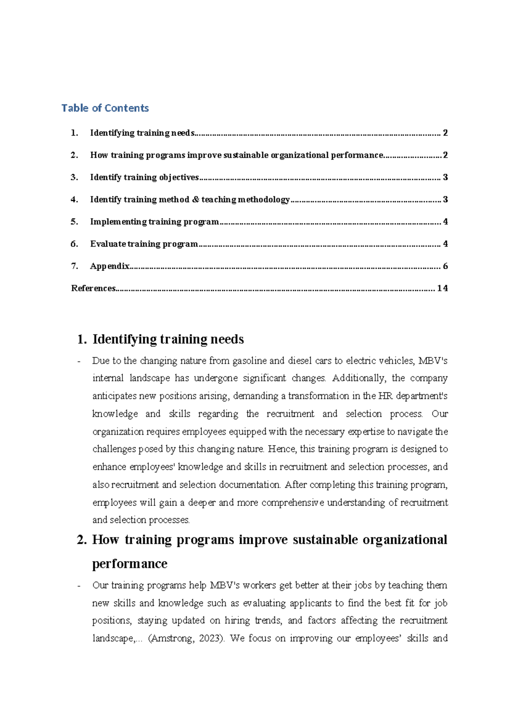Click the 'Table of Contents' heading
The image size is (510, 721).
(105, 108)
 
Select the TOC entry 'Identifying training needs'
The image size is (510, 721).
(142, 133)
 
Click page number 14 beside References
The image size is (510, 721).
(442, 288)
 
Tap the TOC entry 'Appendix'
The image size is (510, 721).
(110, 266)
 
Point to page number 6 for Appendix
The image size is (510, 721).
(445, 266)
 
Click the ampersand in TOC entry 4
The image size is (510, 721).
(195, 199)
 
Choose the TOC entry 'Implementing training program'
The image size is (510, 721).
(154, 221)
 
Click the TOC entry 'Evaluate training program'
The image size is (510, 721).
(144, 244)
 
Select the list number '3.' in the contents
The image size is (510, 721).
(74, 177)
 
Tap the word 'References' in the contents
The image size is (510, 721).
(93, 288)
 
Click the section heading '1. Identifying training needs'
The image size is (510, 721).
(160, 339)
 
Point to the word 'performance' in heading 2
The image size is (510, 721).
(130, 564)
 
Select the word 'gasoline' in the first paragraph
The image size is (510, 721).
(249, 361)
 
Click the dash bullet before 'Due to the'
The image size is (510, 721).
(79, 361)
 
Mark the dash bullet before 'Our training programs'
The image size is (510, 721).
(79, 586)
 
